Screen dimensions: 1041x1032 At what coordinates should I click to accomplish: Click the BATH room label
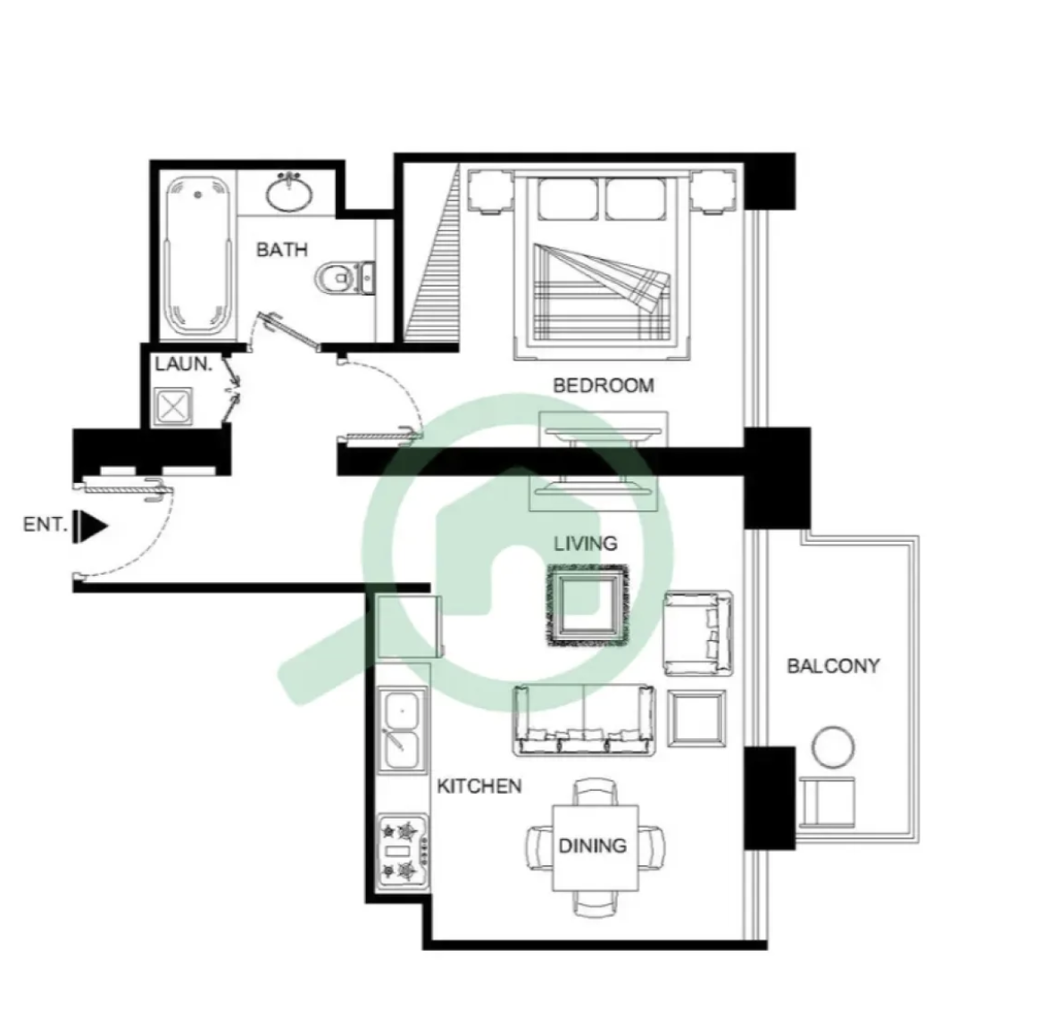[x=282, y=250]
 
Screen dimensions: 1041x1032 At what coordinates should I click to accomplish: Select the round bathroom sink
[x=290, y=193]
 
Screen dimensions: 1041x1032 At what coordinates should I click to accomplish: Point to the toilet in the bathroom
[x=346, y=278]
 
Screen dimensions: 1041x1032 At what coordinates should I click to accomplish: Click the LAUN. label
[x=184, y=363]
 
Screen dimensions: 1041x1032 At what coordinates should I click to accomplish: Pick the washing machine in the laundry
[x=173, y=406]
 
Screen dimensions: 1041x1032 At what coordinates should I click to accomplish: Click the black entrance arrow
[x=90, y=527]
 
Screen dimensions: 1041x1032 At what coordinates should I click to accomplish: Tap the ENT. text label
[x=46, y=525]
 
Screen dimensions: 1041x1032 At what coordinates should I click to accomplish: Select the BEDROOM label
[x=604, y=385]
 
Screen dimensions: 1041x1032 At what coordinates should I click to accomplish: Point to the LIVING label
[x=586, y=544]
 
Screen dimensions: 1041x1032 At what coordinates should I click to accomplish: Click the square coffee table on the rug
[x=587, y=604]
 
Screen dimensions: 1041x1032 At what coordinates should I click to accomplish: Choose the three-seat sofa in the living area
[x=584, y=720]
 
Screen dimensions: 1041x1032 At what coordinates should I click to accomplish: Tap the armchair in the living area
[x=699, y=633]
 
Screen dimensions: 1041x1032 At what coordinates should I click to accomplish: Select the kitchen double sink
[x=403, y=730]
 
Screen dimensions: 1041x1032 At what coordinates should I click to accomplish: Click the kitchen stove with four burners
[x=403, y=852]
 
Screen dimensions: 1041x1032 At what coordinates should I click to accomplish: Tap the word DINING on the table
[x=593, y=845]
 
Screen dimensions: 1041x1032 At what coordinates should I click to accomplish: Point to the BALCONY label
[x=833, y=666]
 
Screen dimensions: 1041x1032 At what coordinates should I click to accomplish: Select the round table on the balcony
[x=833, y=747]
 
